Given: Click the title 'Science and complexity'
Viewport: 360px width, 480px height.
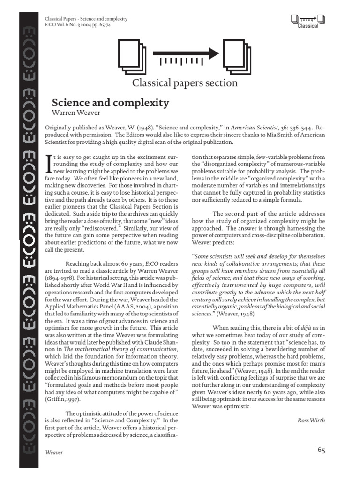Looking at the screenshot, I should point(110,102).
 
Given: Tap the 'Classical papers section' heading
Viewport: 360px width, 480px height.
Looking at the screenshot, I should point(185,83).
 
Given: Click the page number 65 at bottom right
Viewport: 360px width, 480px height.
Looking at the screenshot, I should point(321,450).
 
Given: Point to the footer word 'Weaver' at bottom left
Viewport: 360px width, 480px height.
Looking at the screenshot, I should point(54,453).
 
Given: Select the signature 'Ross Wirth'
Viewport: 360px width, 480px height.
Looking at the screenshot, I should point(311,420).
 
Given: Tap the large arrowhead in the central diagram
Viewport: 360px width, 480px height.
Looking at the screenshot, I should point(213,53).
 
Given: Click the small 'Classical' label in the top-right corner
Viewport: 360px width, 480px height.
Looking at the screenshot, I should point(307,26).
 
